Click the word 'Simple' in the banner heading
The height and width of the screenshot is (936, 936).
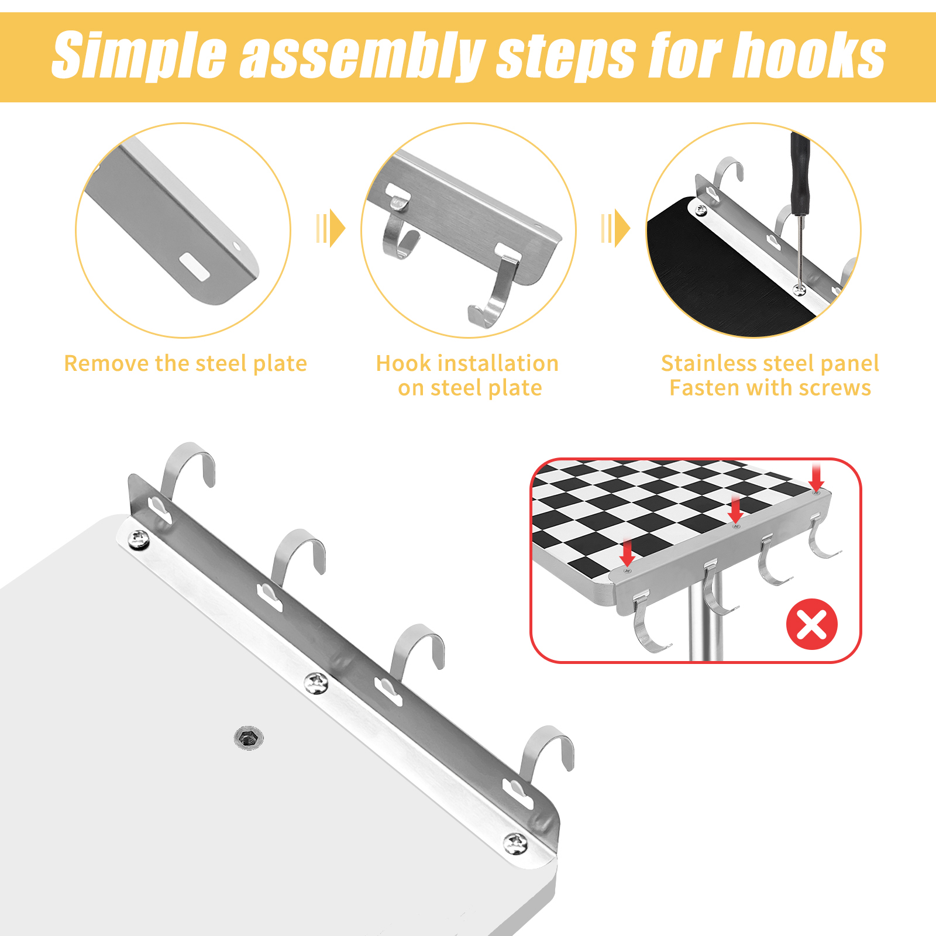point(139,55)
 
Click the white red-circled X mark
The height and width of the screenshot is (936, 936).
point(812,624)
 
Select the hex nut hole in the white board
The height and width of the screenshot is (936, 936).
point(249,738)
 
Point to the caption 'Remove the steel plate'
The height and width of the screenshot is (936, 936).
point(185,363)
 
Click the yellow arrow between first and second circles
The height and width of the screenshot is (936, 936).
point(331,228)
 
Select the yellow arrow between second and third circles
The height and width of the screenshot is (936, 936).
point(615,228)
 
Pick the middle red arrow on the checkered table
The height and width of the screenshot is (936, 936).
point(736,509)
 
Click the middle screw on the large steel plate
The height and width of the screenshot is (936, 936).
point(316,683)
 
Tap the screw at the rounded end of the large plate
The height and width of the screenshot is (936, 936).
point(516,844)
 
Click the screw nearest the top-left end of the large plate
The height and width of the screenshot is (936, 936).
point(138,539)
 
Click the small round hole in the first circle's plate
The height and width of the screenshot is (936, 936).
point(237,246)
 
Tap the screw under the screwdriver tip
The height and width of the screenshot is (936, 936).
point(799,289)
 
